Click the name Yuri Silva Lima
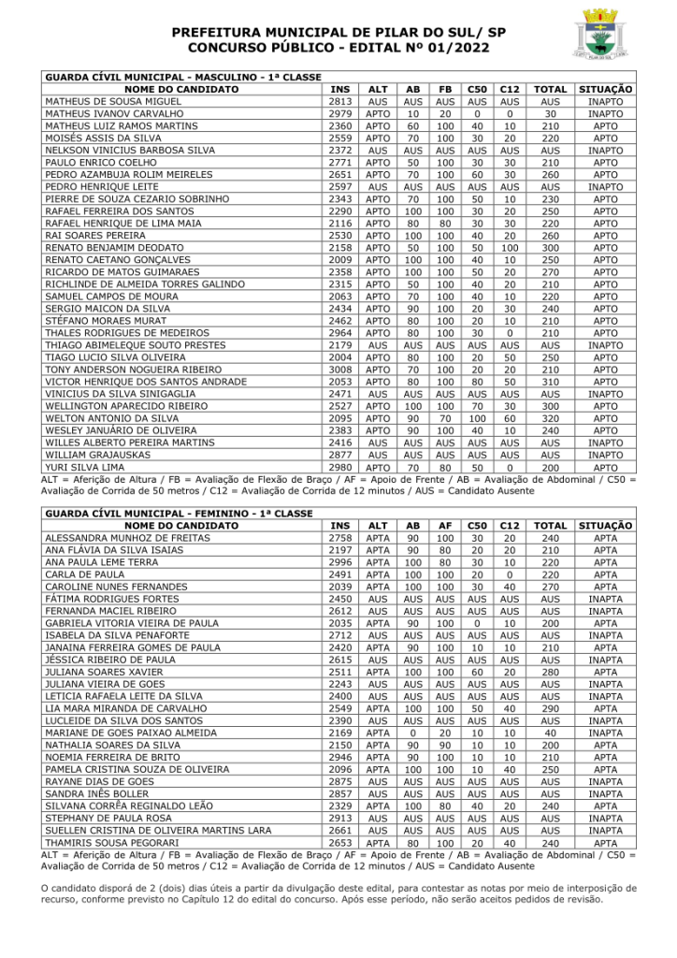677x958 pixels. [85, 467]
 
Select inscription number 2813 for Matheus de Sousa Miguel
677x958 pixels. [340, 101]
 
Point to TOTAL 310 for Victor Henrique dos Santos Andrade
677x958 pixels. [551, 382]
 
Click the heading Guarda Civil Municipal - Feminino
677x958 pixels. [178, 514]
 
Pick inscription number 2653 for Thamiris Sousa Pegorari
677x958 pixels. [340, 842]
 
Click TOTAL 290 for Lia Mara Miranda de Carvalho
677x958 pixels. [551, 708]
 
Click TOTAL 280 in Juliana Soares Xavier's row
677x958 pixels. [551, 672]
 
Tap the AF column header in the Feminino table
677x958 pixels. [445, 526]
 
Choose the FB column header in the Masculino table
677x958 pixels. [445, 89]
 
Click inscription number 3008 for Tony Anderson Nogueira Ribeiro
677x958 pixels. [340, 370]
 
